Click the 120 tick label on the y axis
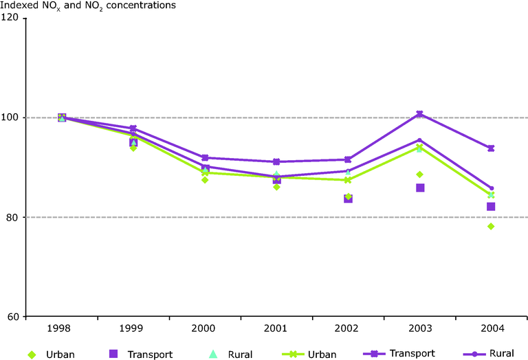click(10, 19)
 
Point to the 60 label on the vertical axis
click(12, 317)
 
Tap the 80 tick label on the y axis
click(12, 217)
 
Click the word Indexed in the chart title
click(20, 5)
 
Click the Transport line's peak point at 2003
click(419, 114)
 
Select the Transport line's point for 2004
click(491, 148)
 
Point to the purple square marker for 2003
click(419, 188)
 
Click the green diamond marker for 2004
click(491, 226)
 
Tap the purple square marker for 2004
click(491, 207)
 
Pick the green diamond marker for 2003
click(419, 174)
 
